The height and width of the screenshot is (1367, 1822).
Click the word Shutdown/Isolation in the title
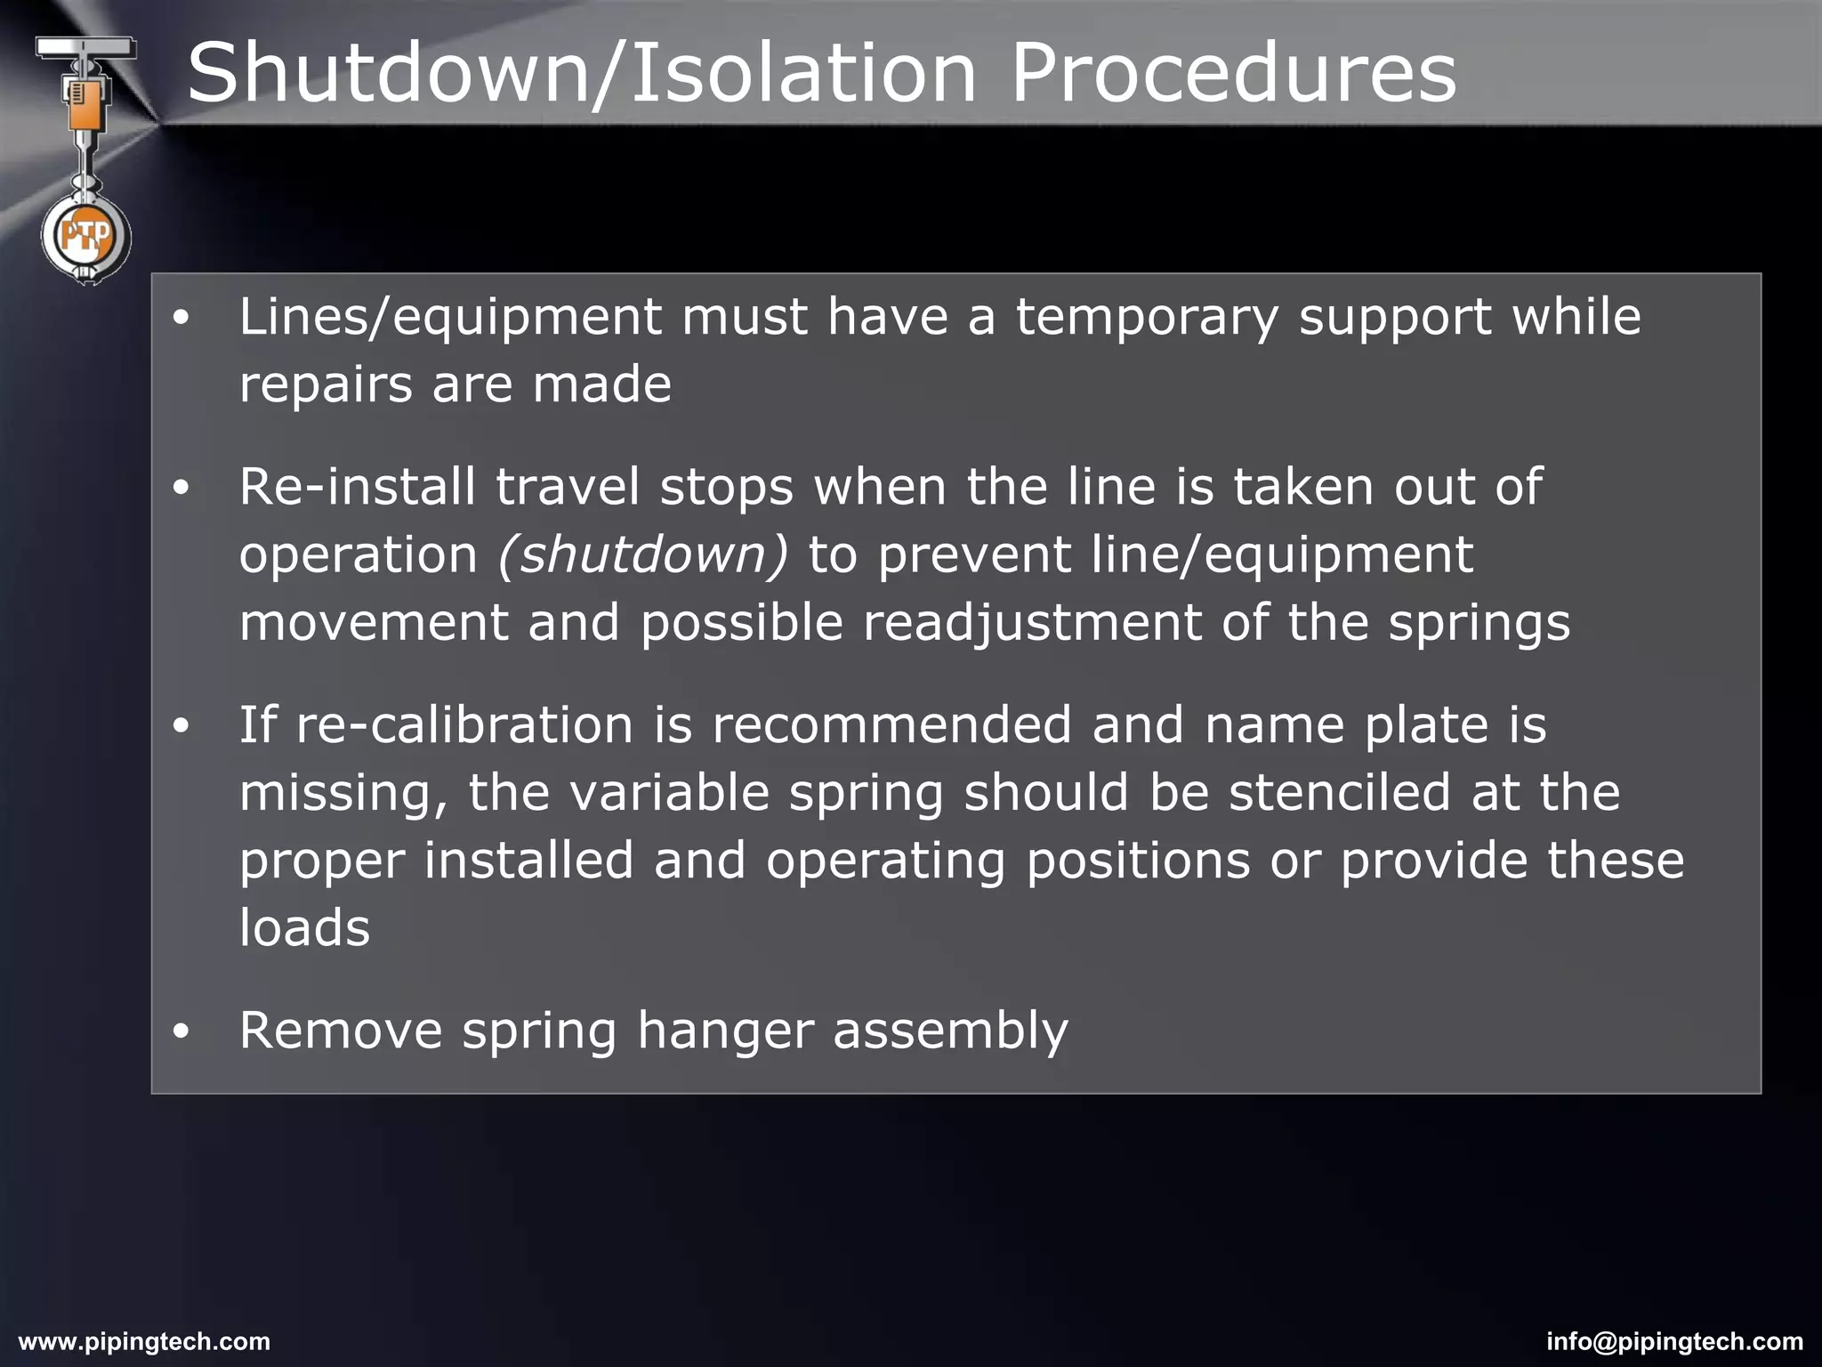click(582, 73)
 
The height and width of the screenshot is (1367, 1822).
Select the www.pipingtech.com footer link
click(144, 1341)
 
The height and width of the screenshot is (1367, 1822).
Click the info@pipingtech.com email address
click(1674, 1341)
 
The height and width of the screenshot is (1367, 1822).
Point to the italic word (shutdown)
click(643, 554)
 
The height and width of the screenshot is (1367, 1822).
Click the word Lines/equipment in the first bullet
click(450, 318)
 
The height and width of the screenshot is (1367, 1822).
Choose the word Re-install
click(357, 487)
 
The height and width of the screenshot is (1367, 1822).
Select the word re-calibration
click(464, 724)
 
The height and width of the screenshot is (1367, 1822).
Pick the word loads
click(304, 927)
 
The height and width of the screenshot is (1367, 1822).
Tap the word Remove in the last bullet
click(341, 1031)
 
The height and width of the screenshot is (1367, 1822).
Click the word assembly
click(950, 1032)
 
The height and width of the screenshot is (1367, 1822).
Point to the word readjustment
click(1032, 622)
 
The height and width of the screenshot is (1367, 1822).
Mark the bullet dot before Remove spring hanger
click(181, 1031)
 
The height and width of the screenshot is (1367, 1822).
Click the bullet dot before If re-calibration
click(181, 726)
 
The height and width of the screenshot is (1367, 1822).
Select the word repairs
click(326, 385)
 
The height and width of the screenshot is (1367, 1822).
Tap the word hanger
click(725, 1032)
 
